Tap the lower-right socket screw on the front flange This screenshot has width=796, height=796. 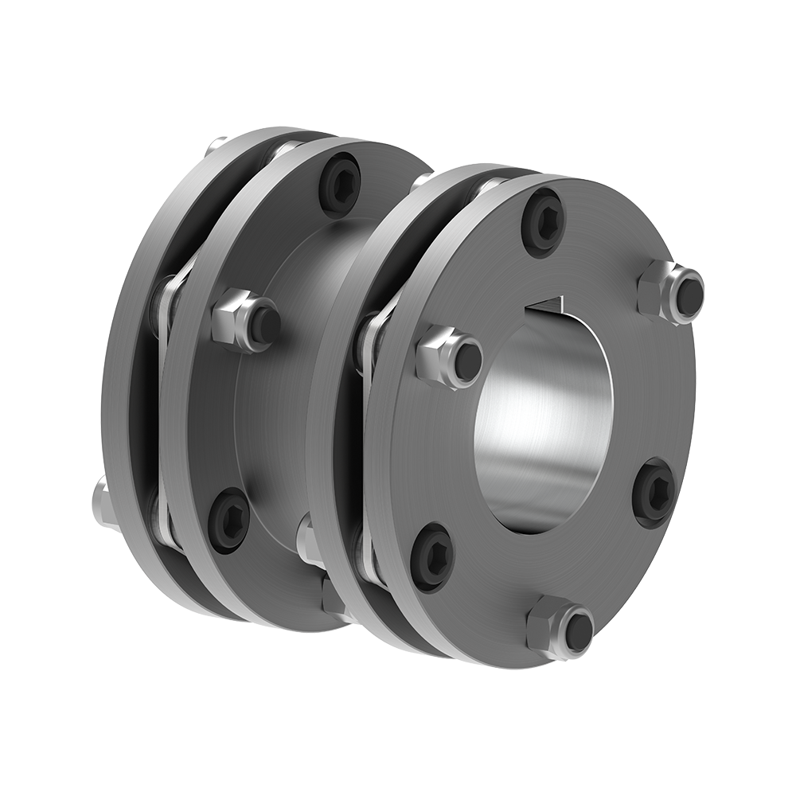tap(654, 493)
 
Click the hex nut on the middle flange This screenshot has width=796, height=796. tap(245, 320)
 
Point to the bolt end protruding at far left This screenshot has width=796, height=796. tap(101, 501)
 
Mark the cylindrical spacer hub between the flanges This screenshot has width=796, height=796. tap(310, 358)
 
